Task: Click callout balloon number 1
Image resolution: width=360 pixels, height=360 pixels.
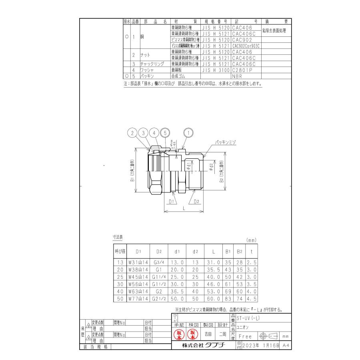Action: [x=188, y=133]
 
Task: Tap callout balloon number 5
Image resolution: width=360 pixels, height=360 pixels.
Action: [x=164, y=133]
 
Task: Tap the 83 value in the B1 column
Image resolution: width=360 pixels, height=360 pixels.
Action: [x=228, y=298]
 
